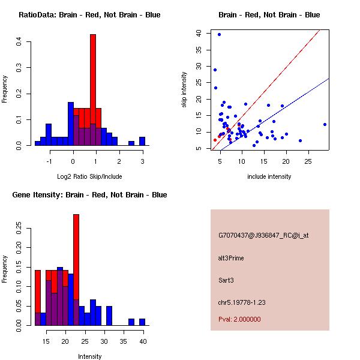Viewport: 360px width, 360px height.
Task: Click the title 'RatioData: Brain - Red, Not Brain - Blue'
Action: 89,15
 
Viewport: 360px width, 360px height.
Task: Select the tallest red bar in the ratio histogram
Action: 93,72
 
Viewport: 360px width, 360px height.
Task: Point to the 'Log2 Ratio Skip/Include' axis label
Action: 89,176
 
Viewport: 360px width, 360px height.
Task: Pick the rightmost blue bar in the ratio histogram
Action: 142,142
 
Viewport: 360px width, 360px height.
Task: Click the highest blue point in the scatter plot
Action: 220,34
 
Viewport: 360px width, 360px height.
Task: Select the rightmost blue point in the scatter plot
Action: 325,124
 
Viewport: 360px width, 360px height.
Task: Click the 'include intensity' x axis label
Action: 269,176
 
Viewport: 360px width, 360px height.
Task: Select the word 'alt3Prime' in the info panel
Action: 231,258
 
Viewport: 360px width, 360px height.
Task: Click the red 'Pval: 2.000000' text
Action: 239,319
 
